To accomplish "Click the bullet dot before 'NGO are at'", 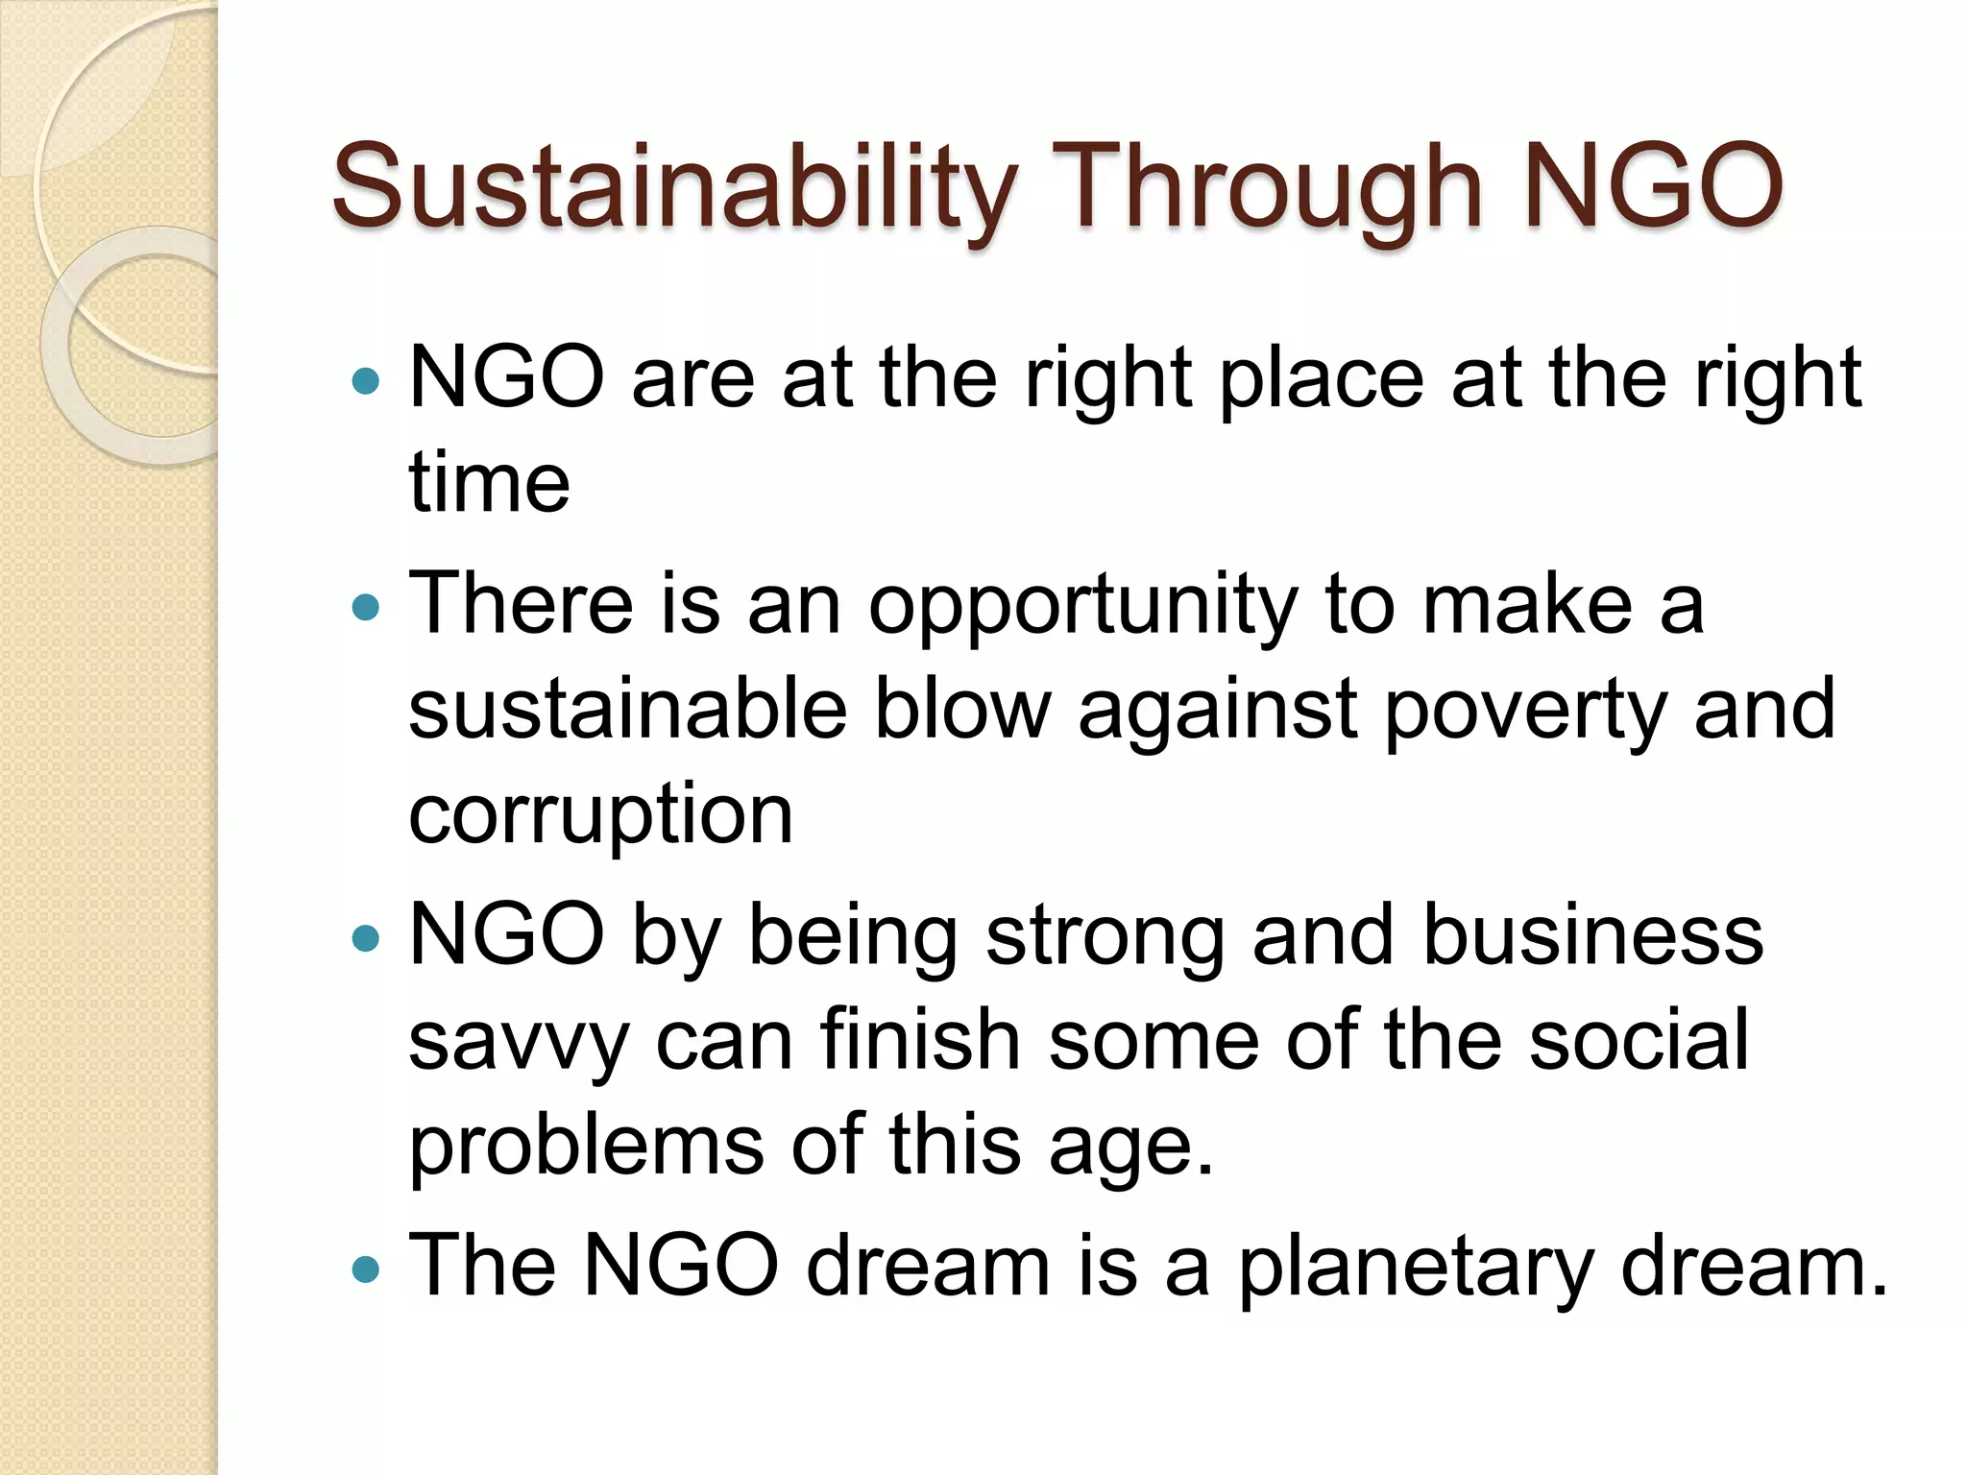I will point(366,382).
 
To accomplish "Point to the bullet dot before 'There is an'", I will point(366,607).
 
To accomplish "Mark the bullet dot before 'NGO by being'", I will point(366,938).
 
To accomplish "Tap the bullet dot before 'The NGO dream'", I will point(366,1270).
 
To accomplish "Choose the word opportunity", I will point(1082,607).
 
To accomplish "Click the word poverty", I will point(1525,712).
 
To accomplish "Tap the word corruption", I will point(601,815).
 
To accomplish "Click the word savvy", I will point(519,1045).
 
